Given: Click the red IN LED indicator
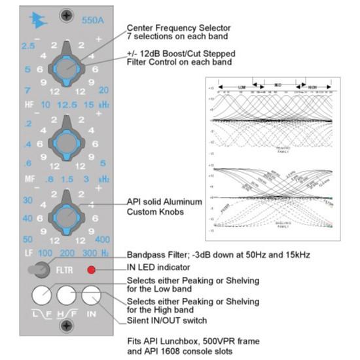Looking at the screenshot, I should point(92,270).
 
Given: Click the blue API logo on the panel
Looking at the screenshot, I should point(37,20).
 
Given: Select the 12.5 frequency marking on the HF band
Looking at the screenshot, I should point(65,105).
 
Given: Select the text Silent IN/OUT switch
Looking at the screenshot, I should point(167,320).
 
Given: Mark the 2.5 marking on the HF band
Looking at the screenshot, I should point(27,45).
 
